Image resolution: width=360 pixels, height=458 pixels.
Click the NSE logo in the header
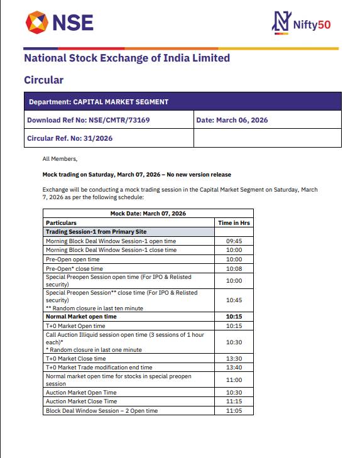[60, 23]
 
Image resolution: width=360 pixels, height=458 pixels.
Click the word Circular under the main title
[43, 80]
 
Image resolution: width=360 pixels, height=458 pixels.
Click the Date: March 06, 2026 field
[232, 120]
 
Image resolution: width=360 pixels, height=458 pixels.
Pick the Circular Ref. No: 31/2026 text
[70, 138]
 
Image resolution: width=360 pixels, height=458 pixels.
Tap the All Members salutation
[60, 159]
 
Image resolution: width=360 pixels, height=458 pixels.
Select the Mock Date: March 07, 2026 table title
[148, 214]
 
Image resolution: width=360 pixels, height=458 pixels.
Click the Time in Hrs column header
[234, 222]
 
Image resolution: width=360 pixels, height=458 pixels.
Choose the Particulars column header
[62, 222]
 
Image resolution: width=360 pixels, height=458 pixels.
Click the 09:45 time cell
[234, 241]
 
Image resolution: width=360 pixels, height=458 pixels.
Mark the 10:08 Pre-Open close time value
[234, 268]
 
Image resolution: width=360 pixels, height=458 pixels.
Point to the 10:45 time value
[234, 300]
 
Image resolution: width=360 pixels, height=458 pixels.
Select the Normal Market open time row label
[81, 317]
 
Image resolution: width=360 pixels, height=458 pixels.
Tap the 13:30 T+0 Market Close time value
[234, 358]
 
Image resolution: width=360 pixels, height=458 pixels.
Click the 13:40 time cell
[234, 367]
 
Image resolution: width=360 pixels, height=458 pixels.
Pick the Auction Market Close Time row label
[81, 401]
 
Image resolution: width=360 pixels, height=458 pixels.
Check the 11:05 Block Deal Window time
[234, 410]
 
